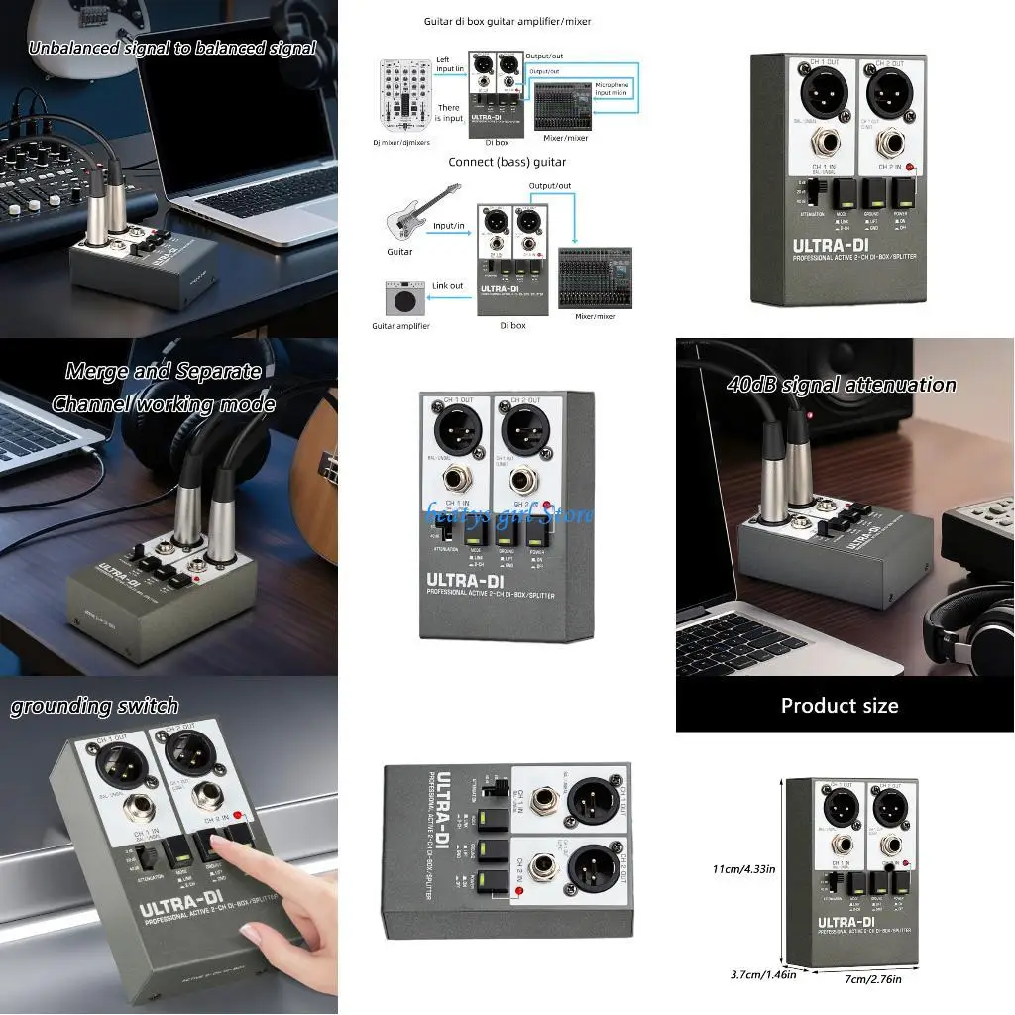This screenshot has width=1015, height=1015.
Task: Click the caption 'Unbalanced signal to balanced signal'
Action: tap(171, 48)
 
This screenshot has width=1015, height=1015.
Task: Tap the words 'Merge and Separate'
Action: tap(164, 372)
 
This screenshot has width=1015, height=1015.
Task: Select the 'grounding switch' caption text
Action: tap(94, 706)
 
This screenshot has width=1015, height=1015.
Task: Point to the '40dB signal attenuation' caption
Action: tap(841, 385)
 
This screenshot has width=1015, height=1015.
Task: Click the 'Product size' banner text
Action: tap(839, 706)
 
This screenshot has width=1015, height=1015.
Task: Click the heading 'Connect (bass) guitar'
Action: tap(507, 162)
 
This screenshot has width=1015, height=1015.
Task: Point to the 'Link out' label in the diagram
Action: tap(447, 286)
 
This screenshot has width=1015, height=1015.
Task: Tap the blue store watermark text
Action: tap(508, 514)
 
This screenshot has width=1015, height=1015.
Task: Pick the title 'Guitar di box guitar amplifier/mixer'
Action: tap(507, 21)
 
